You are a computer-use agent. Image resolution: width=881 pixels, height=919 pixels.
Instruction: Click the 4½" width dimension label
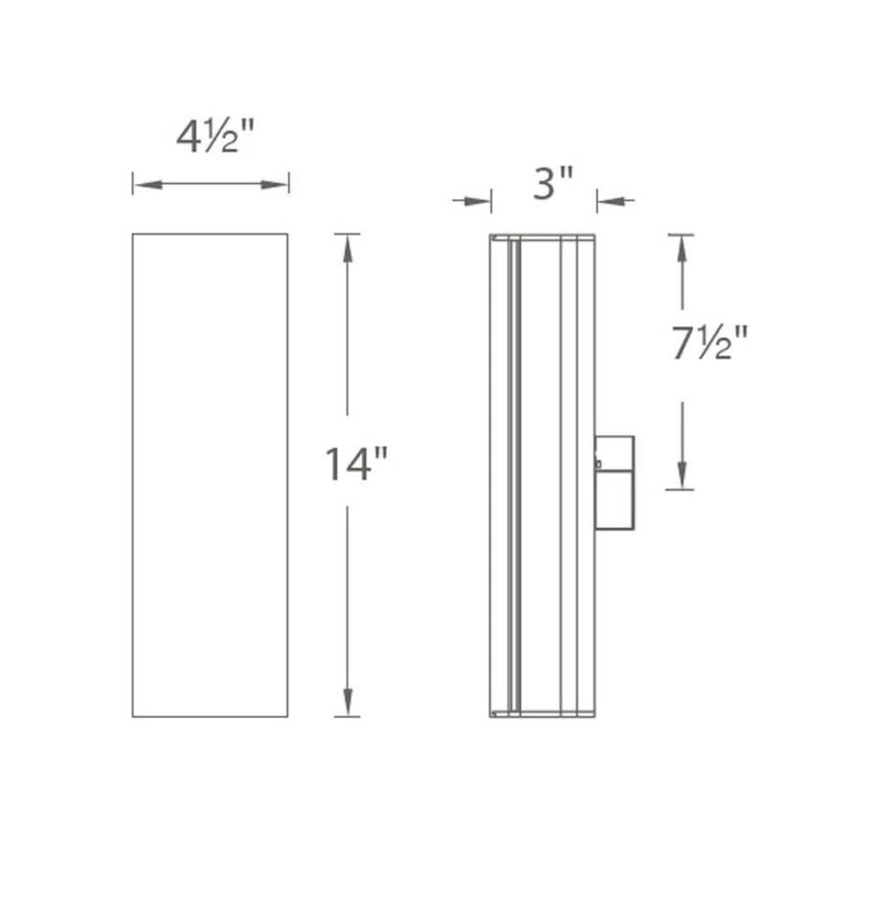(x=215, y=137)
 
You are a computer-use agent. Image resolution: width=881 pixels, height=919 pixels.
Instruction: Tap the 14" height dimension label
(x=356, y=464)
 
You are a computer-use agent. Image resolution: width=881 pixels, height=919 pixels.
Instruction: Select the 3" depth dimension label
(x=553, y=183)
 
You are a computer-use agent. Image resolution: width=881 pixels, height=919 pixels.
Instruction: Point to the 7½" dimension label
(x=710, y=343)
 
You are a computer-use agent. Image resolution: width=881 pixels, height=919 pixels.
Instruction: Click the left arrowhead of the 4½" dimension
(x=147, y=185)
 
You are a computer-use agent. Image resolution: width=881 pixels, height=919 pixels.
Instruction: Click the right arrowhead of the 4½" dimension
(x=274, y=185)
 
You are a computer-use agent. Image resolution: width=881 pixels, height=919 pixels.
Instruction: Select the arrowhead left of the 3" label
(x=477, y=202)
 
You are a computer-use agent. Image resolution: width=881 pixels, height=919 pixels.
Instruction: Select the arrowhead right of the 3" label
(x=611, y=202)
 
